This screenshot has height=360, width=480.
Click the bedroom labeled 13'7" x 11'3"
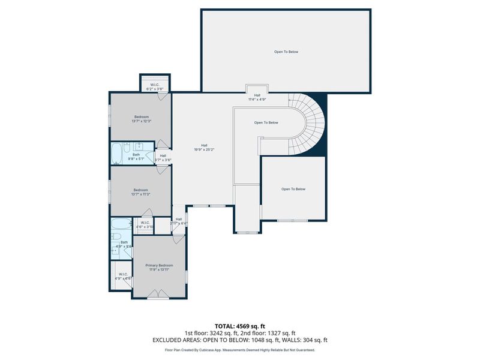tap(141, 192)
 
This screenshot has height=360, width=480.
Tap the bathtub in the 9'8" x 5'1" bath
tap(116, 154)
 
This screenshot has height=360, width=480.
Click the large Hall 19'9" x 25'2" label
tap(204, 147)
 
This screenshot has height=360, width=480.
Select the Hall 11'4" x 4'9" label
tap(257, 97)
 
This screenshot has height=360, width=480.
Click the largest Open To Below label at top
tap(286, 52)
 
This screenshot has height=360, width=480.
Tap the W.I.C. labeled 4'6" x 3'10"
tap(145, 224)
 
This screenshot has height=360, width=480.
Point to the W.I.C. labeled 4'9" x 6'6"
tap(123, 277)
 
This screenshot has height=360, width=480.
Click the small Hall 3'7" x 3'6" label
tap(163, 158)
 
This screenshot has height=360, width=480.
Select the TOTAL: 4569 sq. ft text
tap(240, 326)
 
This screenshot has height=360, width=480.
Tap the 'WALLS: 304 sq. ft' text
tap(305, 340)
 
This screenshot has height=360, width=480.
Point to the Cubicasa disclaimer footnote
tap(240, 349)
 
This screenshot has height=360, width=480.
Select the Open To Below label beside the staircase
tap(266, 123)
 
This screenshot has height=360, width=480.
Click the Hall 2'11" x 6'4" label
tap(179, 221)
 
